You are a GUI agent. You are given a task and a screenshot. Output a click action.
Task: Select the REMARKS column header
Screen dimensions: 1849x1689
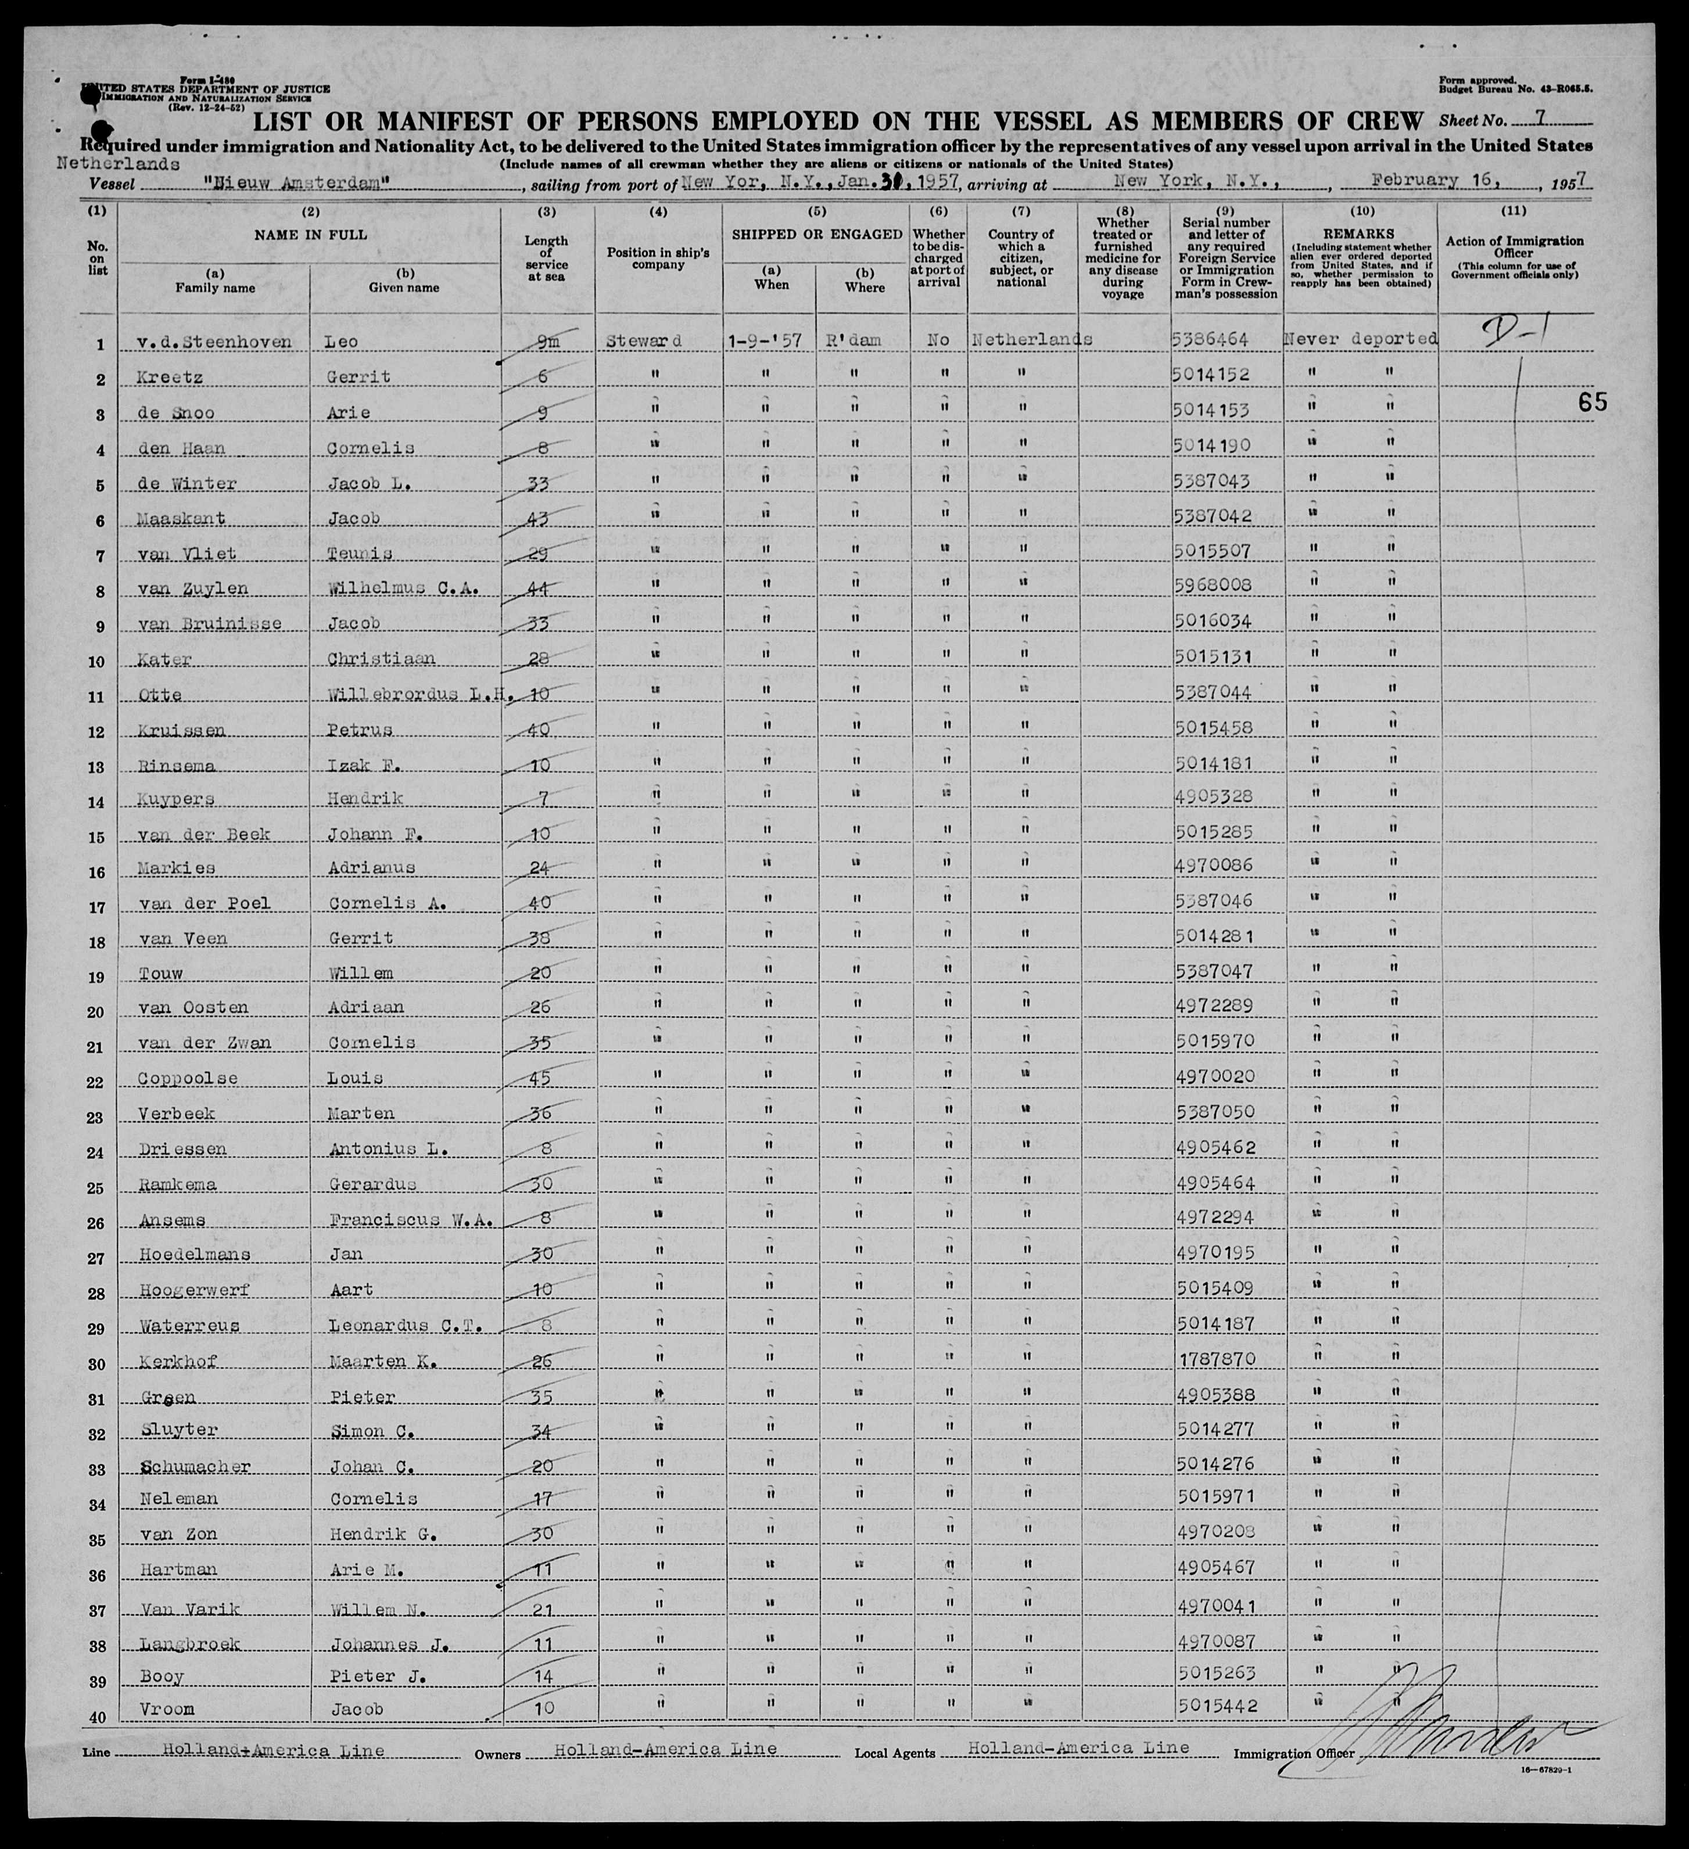1360,234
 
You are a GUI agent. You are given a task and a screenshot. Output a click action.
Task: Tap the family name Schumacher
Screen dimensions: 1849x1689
195,1466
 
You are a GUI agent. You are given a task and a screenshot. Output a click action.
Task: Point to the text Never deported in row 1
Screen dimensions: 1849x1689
1360,339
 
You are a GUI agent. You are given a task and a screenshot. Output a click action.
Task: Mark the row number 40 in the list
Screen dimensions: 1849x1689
97,1719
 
